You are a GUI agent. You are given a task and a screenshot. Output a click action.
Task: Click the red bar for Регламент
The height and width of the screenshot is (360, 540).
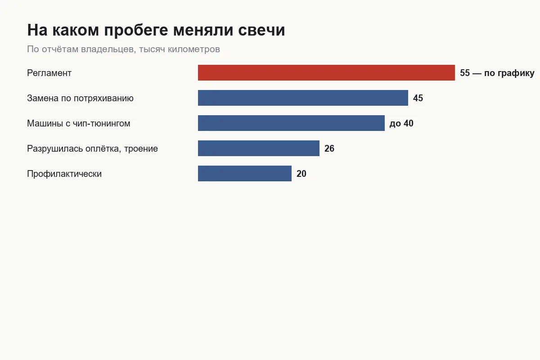pos(326,72)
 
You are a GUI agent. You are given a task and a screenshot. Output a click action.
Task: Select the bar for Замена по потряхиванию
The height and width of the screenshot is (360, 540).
pos(303,98)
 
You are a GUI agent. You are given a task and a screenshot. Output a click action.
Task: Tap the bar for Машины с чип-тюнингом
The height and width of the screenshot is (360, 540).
pos(291,123)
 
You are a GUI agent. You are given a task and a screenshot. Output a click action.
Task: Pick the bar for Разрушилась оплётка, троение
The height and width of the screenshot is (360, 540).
pos(259,148)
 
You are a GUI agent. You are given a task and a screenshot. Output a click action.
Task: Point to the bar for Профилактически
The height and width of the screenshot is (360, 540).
pos(245,173)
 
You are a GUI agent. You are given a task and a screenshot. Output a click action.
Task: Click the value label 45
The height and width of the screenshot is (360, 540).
pos(418,98)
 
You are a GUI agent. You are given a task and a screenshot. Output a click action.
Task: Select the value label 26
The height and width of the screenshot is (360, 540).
pos(329,148)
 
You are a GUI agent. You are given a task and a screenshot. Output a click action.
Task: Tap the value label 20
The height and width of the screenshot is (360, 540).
pos(301,174)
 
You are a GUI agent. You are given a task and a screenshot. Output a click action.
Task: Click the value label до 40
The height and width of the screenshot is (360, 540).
pos(401,123)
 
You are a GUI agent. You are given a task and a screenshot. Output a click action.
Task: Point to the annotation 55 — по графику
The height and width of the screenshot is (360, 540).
pos(497,73)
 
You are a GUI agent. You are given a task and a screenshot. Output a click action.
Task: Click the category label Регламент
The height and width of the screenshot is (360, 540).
pos(49,73)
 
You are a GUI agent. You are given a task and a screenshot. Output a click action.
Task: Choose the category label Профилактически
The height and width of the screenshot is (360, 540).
pos(64,174)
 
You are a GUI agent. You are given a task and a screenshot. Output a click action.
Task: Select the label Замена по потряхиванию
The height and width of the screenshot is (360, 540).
pos(80,99)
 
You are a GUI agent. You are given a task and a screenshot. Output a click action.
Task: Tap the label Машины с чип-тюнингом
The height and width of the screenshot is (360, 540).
pos(79,123)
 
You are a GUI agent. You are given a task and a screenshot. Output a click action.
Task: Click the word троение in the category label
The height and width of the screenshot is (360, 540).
pos(141,149)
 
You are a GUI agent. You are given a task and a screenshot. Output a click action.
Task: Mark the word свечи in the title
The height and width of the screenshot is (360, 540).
pos(261,30)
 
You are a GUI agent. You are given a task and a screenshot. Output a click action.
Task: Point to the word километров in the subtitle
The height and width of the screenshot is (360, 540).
pos(194,49)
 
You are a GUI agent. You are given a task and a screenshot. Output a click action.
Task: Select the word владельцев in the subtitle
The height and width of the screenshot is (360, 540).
pos(108,49)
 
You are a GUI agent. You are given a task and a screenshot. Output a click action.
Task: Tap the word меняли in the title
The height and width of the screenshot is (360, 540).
pos(203,30)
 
